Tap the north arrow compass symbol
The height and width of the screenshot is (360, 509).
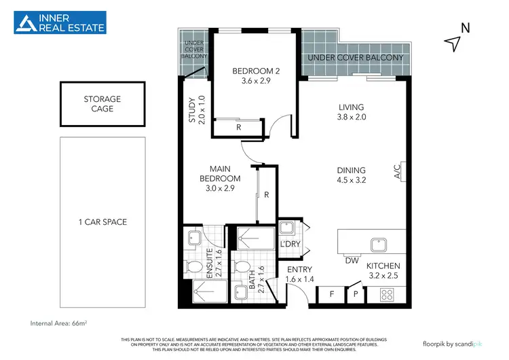coord(453,41)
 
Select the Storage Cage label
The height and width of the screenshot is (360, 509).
coord(103,104)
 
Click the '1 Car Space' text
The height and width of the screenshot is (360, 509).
coord(103,222)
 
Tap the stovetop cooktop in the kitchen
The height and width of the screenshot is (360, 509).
coord(389,295)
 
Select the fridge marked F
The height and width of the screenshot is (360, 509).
coord(331,295)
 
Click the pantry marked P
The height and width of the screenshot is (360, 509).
coord(356,295)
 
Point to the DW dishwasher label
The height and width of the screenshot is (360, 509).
coord(352,260)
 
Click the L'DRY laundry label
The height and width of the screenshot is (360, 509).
coord(290,245)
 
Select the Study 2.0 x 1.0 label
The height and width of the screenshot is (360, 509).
coord(196,111)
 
